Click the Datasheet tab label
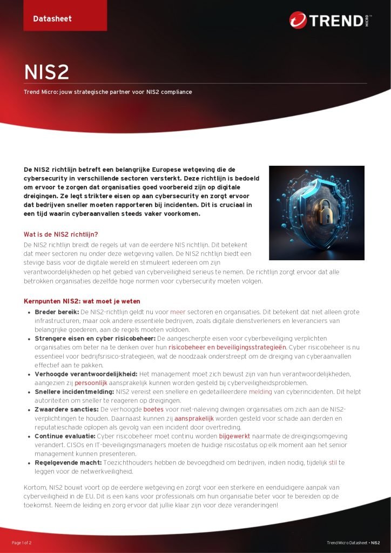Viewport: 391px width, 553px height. pos(52,19)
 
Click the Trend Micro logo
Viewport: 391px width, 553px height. pos(335,21)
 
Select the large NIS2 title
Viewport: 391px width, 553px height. pos(46,72)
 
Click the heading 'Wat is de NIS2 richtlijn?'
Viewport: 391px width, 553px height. pos(61,234)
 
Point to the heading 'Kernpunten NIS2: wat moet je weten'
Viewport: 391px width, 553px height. pos(82,301)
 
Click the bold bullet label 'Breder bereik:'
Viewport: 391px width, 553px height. pos(57,312)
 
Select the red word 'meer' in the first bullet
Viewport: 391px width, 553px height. pos(178,312)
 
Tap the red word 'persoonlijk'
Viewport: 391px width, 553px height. pos(91,382)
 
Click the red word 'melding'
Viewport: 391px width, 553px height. pos(260,392)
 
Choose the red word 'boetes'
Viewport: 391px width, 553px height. pos(153,410)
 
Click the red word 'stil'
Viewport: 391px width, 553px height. pos(333,463)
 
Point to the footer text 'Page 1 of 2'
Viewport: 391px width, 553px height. pos(22,542)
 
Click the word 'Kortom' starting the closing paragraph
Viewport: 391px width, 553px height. pos(35,488)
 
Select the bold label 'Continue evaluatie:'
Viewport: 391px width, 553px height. pos(65,436)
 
